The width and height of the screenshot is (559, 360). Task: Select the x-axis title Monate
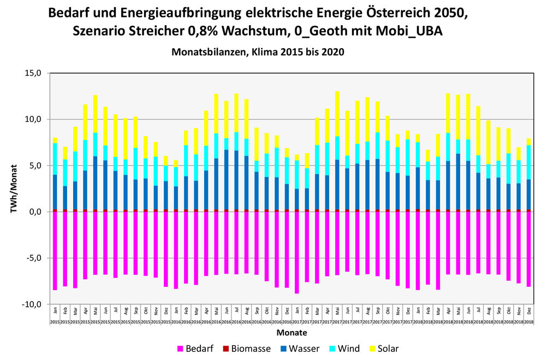[x=292, y=333]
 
